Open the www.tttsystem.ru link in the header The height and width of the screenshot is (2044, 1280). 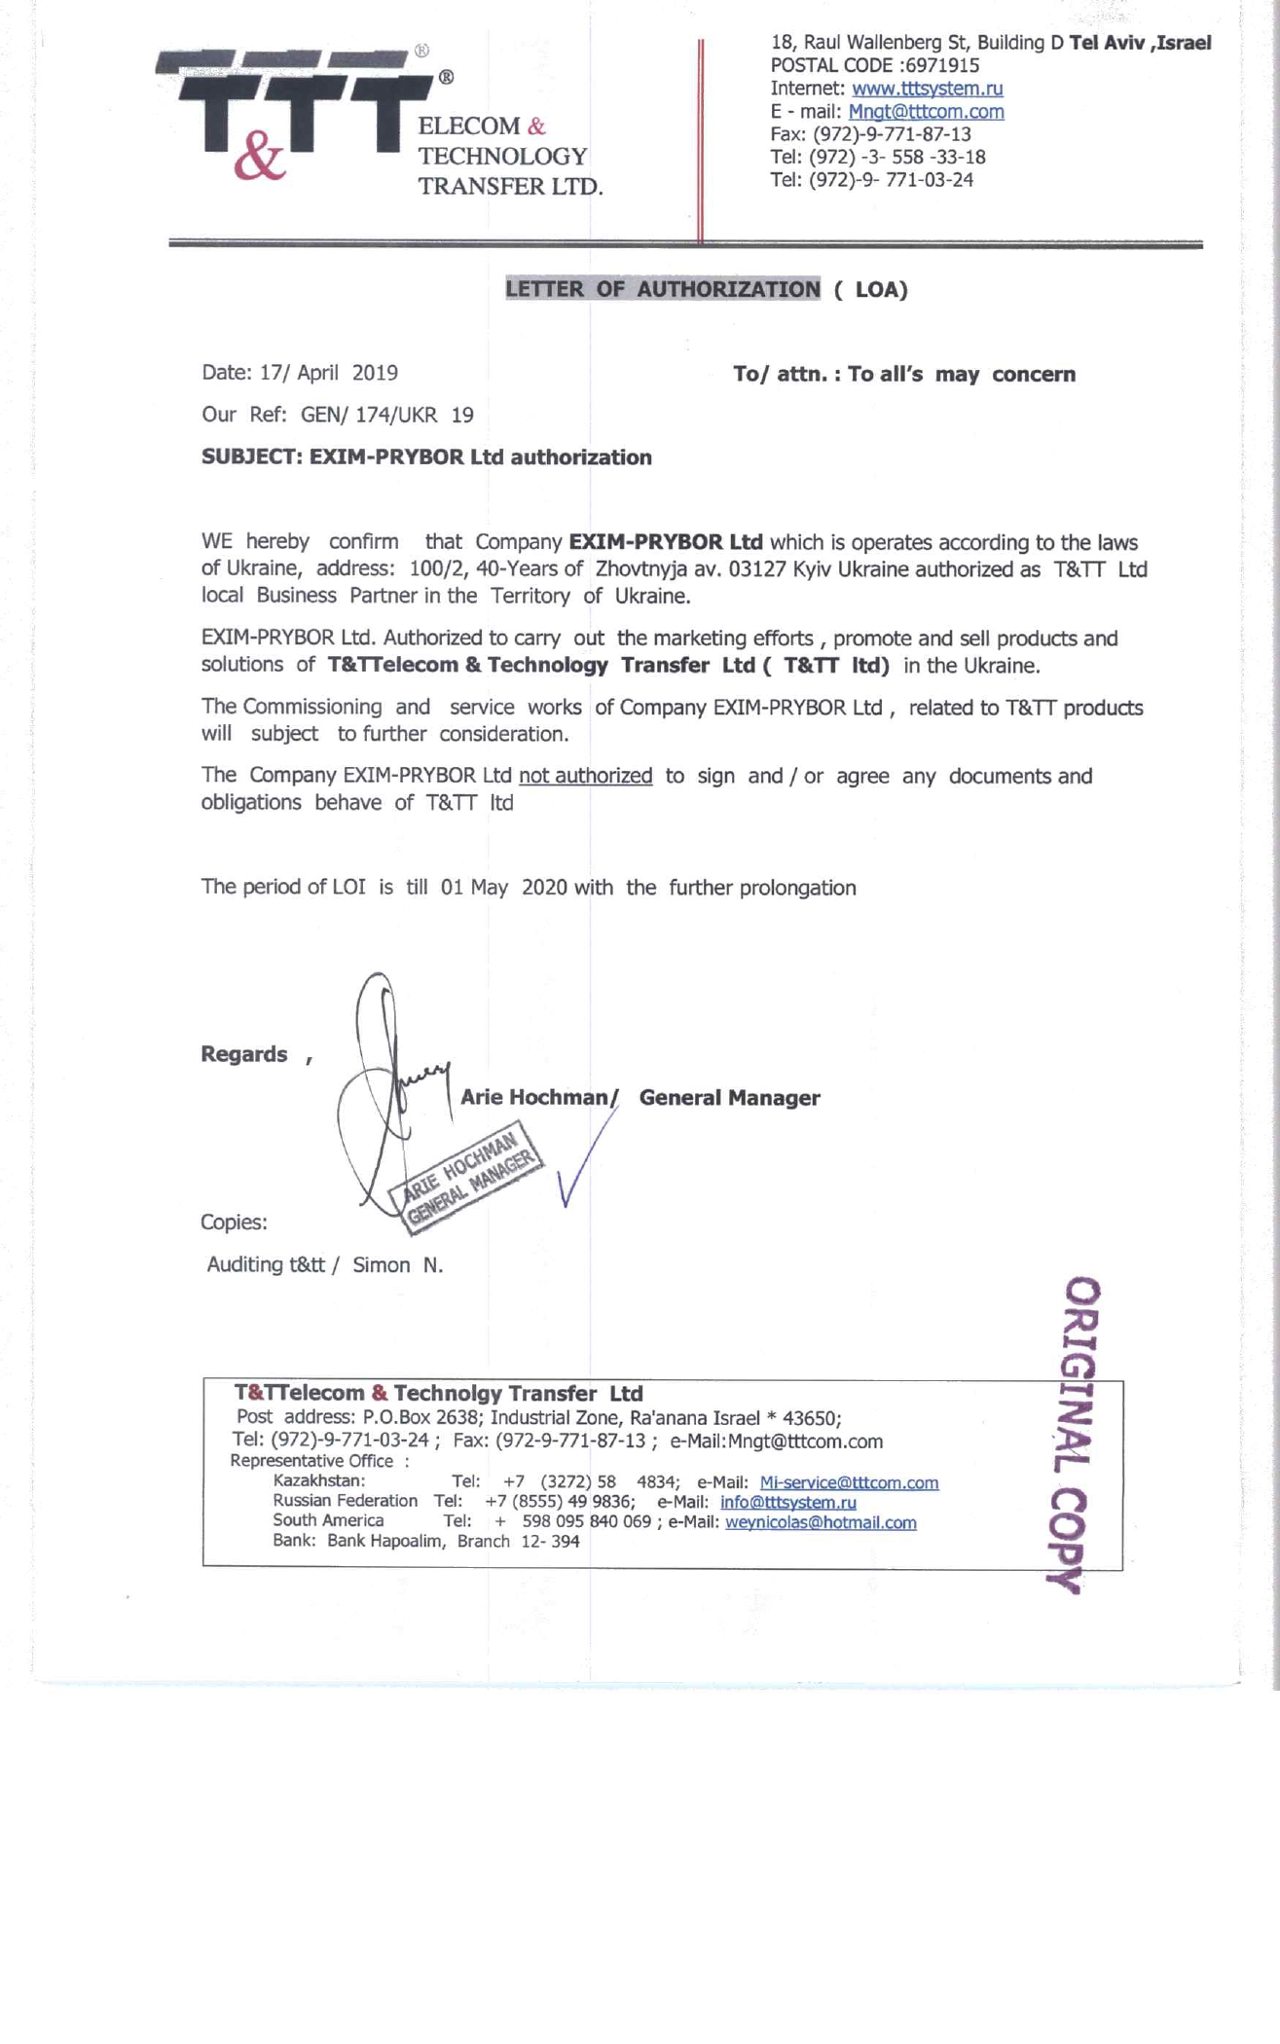pyautogui.click(x=927, y=89)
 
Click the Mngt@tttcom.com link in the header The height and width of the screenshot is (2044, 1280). pyautogui.click(x=926, y=112)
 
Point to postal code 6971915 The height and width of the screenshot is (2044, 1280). pyautogui.click(x=942, y=65)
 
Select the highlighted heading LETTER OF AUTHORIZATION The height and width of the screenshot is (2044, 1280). pyautogui.click(x=662, y=289)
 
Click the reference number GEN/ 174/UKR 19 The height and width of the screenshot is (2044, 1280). pyautogui.click(x=386, y=416)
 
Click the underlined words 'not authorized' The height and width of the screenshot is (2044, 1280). pyautogui.click(x=585, y=776)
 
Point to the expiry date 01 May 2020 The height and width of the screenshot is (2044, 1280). pyautogui.click(x=502, y=888)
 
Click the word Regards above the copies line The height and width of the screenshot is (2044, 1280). pyautogui.click(x=243, y=1054)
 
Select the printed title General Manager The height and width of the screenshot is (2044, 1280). pyautogui.click(x=729, y=1098)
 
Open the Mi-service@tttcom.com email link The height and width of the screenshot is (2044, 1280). pyautogui.click(x=849, y=1482)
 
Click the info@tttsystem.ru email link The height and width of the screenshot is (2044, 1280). pyautogui.click(x=787, y=1502)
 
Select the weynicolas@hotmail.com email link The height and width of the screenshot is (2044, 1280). pyautogui.click(x=821, y=1522)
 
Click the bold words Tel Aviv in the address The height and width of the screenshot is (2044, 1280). pyautogui.click(x=1105, y=42)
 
